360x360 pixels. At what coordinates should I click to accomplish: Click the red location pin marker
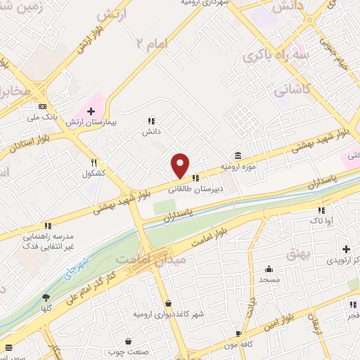tap(181, 165)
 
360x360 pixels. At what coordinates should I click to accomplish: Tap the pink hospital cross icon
tap(90, 111)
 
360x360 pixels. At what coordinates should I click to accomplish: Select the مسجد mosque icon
tap(269, 269)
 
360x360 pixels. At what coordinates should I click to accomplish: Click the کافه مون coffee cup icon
tap(238, 333)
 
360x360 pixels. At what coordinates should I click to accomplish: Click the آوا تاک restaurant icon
tap(321, 210)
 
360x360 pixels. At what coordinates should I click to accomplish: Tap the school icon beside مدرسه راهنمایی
tap(48, 226)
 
